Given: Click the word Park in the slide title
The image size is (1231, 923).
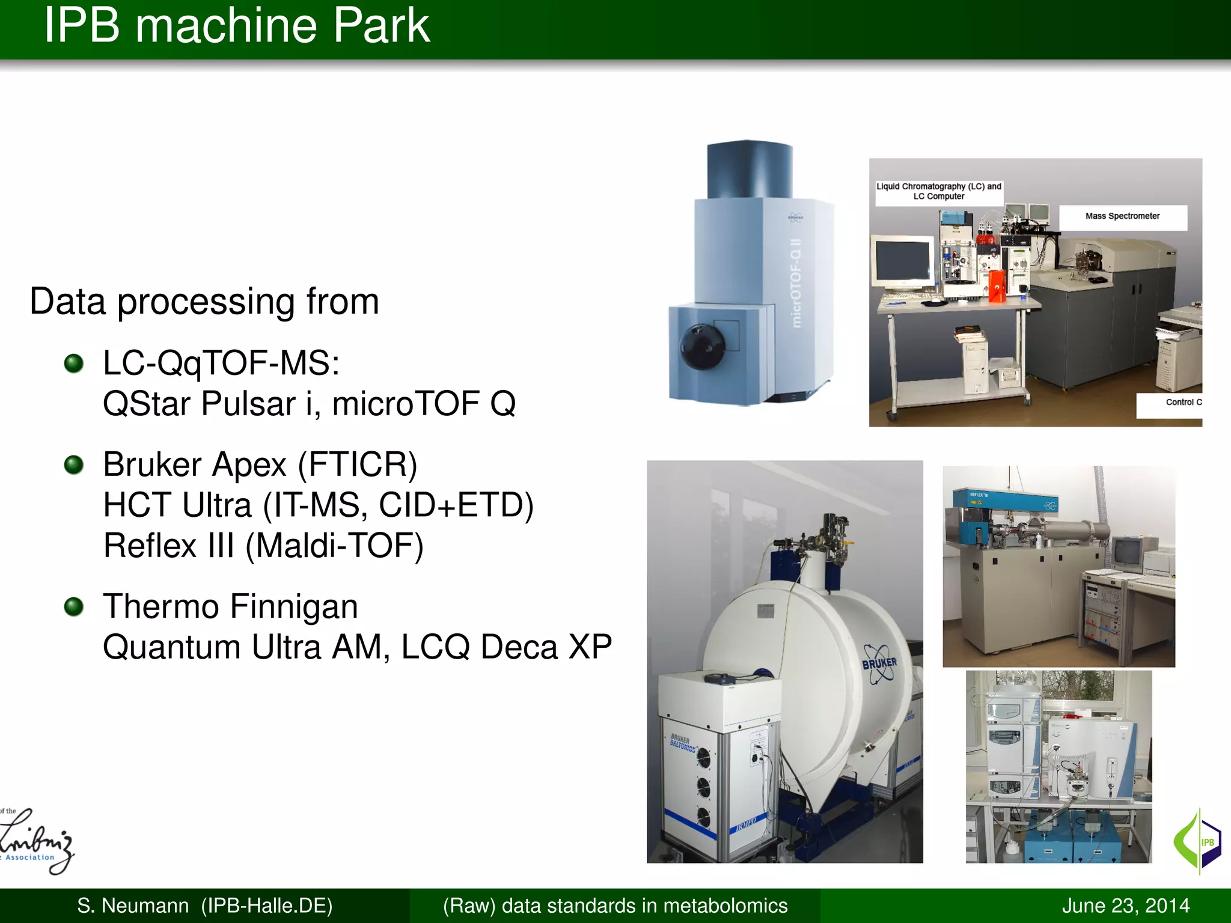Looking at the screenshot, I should (x=381, y=26).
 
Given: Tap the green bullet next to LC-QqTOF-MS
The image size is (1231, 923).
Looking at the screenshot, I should (x=74, y=363).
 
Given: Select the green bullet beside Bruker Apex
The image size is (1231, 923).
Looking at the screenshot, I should (x=74, y=465).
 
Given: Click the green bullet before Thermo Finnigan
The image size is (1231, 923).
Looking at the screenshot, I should (x=74, y=606).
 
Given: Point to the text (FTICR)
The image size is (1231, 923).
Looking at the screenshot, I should (x=357, y=465).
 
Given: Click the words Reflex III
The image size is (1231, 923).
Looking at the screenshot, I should (x=169, y=546).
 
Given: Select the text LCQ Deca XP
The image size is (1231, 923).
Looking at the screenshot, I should (x=506, y=647).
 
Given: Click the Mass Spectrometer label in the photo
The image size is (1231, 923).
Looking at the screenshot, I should (x=1122, y=216).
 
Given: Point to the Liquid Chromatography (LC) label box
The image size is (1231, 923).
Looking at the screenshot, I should (x=938, y=192).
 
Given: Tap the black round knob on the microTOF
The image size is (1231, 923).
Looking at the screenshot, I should (x=701, y=347).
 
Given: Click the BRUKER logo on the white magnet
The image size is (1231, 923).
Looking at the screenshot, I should (x=879, y=663).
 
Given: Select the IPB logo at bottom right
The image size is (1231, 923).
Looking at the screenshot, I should (x=1198, y=841).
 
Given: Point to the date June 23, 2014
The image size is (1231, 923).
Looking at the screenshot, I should (x=1125, y=906).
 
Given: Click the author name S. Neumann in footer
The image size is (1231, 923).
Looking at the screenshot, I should (x=132, y=906).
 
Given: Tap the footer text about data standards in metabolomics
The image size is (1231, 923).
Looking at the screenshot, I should (x=615, y=906).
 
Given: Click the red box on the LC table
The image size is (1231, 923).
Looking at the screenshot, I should (x=997, y=285).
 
